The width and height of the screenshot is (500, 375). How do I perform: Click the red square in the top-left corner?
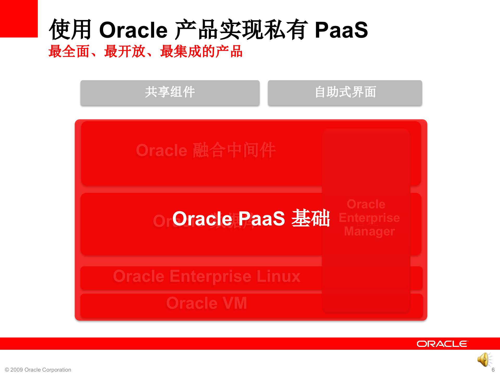[x=19, y=18]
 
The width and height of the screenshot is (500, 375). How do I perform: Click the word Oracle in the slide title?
[x=133, y=30]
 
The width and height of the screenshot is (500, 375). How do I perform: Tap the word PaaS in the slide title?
[x=341, y=30]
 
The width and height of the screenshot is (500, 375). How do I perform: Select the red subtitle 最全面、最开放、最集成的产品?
[x=145, y=51]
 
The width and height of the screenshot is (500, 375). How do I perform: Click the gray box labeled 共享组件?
[x=170, y=92]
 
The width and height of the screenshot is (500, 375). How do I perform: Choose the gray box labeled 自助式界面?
[x=345, y=92]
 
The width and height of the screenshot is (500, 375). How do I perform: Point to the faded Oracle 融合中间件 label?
[x=206, y=150]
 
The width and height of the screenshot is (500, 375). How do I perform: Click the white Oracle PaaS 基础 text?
[x=251, y=218]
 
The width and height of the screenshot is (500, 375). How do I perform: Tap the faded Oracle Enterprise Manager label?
[x=369, y=218]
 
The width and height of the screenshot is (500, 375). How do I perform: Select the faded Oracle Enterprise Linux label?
[x=207, y=276]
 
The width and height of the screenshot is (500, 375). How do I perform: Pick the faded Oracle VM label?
[x=207, y=303]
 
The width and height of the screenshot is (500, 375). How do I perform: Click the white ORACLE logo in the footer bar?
[x=442, y=344]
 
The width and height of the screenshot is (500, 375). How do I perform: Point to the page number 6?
[x=493, y=370]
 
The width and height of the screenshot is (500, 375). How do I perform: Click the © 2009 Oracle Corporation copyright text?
[x=38, y=370]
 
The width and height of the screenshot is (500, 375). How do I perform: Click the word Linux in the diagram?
[x=278, y=276]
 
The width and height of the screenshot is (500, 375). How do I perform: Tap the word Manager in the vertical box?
[x=369, y=231]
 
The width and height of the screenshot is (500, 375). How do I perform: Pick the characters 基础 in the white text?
[x=311, y=218]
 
